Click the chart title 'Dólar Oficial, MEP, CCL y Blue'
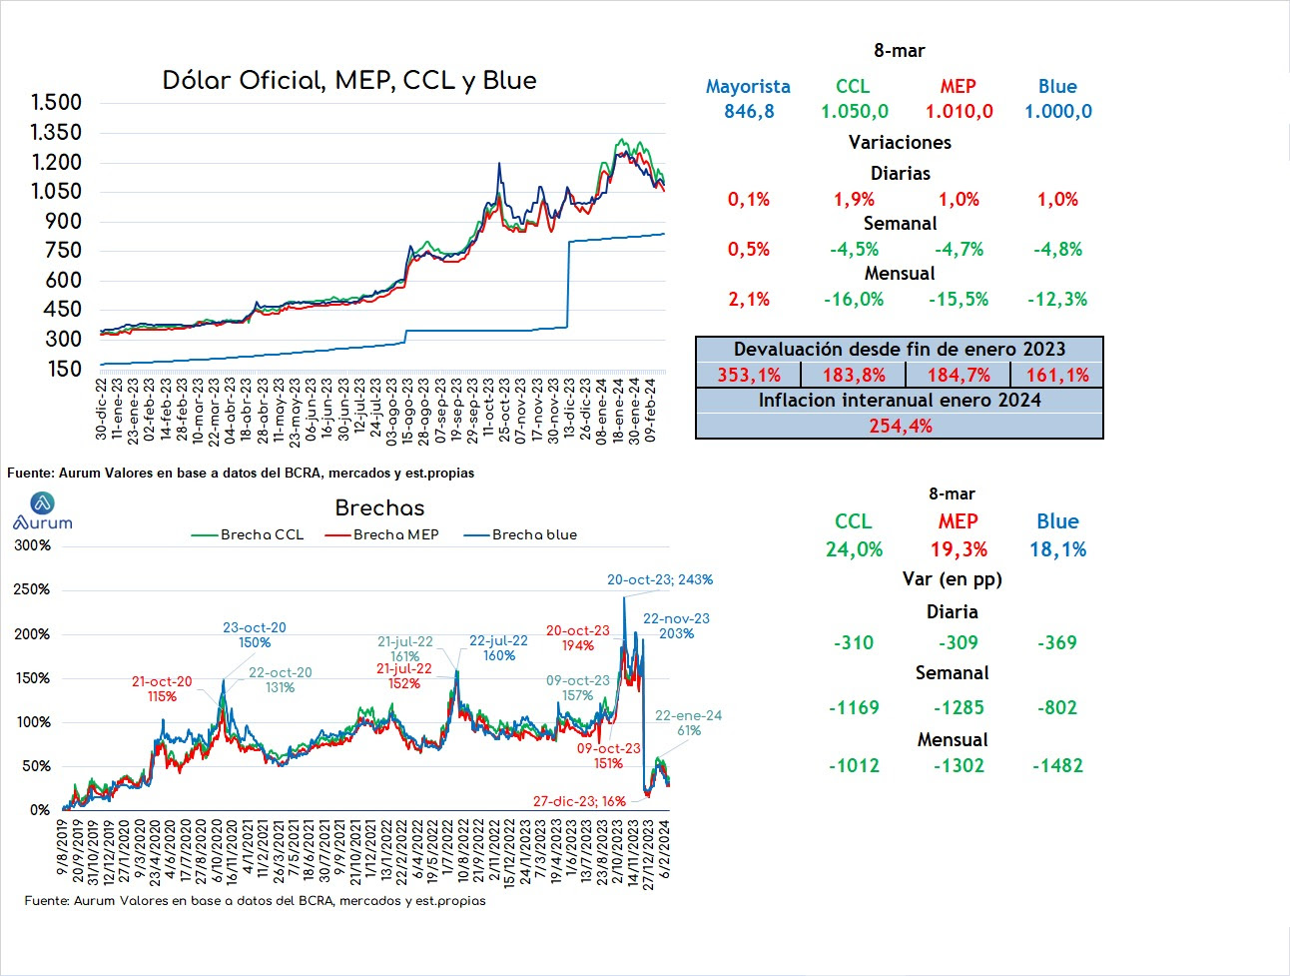pyautogui.click(x=349, y=81)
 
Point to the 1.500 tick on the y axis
pyautogui.click(x=56, y=102)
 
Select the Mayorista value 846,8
pyautogui.click(x=749, y=111)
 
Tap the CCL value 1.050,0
pyautogui.click(x=855, y=111)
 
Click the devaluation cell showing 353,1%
pyautogui.click(x=749, y=375)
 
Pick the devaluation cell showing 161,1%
pyautogui.click(x=1057, y=375)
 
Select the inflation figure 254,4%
pyautogui.click(x=901, y=426)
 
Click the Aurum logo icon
pyautogui.click(x=42, y=502)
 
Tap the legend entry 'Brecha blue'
pyautogui.click(x=521, y=534)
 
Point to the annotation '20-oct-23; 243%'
pyautogui.click(x=660, y=579)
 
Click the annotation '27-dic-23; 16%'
pyautogui.click(x=579, y=801)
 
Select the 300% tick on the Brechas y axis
pyautogui.click(x=32, y=545)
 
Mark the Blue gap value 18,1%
pyautogui.click(x=1057, y=549)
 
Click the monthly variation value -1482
pyautogui.click(x=1057, y=765)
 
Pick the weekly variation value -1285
pyautogui.click(x=959, y=707)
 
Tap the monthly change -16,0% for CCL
pyautogui.click(x=854, y=300)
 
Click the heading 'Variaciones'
pyautogui.click(x=900, y=142)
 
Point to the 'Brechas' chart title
pyautogui.click(x=379, y=508)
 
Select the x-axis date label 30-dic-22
pyautogui.click(x=101, y=410)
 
